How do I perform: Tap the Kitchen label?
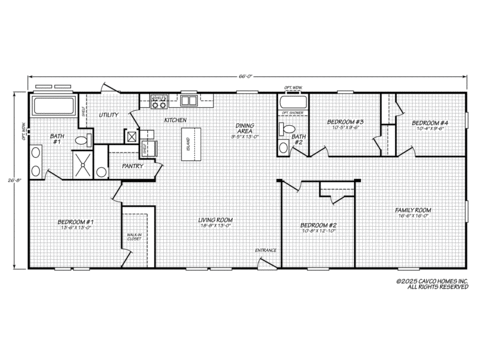[176, 120]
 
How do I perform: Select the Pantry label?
[131, 165]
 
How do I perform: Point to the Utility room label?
[109, 115]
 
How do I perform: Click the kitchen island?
[188, 143]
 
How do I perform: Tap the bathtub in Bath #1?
[54, 106]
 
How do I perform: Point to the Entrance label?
[265, 249]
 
